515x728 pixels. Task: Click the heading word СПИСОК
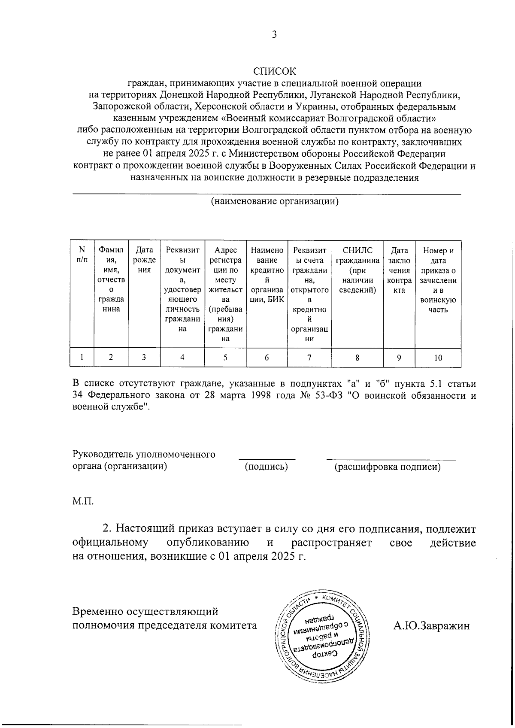pos(274,71)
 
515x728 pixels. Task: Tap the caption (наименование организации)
pos(274,201)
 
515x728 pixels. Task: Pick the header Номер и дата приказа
pos(438,280)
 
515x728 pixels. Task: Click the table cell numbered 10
pos(438,358)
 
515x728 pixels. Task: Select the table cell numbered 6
pos(267,358)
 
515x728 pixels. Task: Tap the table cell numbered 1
pos(81,357)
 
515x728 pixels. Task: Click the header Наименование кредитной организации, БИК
pos(267,275)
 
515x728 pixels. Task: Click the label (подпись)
pos(266,467)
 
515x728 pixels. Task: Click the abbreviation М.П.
pos(83,501)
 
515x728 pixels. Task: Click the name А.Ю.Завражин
pos(431,625)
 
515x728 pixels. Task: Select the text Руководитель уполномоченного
pos(144,454)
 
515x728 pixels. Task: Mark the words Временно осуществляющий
pos(145,611)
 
